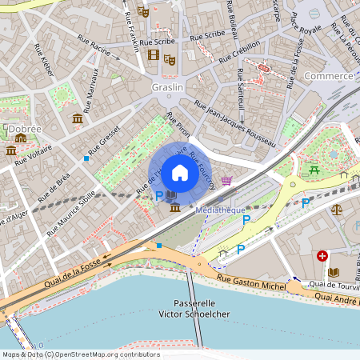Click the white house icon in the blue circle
click(180, 173)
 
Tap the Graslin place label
click(167, 86)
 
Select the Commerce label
click(329, 76)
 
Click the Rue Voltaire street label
click(33, 154)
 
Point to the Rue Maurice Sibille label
click(74, 210)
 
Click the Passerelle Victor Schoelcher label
click(201, 309)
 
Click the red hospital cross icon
click(322, 256)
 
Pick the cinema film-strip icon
click(154, 54)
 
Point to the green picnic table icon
click(315, 169)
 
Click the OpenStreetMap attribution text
click(80, 354)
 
